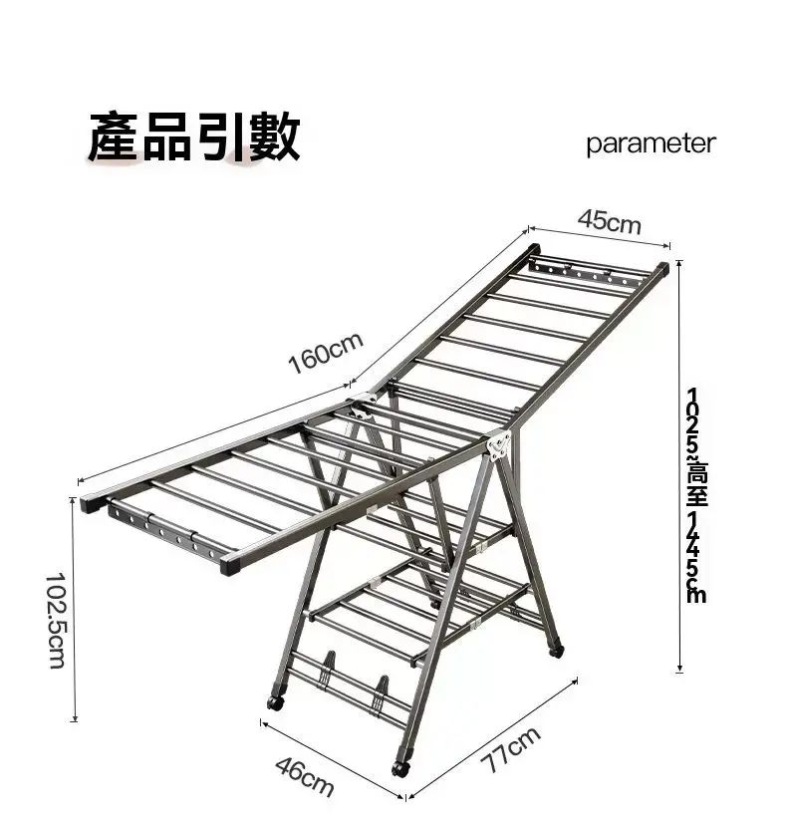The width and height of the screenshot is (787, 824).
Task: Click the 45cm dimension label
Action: click(x=610, y=221)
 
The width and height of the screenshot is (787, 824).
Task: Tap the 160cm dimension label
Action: click(x=325, y=354)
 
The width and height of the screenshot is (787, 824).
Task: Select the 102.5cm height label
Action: click(x=56, y=620)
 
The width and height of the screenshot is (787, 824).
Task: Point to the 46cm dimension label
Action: click(x=303, y=775)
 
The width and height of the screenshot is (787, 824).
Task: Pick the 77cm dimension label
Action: click(x=512, y=750)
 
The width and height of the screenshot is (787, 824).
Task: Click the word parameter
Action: click(x=650, y=143)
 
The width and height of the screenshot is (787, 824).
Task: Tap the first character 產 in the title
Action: click(x=115, y=137)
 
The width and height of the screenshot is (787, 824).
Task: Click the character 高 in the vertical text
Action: click(x=696, y=470)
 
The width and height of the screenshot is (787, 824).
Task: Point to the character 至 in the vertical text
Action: click(x=696, y=495)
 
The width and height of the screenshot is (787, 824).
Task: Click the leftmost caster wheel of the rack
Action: click(x=275, y=702)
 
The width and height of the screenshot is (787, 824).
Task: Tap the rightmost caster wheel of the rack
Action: click(x=555, y=650)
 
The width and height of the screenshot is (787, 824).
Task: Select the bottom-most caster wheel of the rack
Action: click(x=400, y=769)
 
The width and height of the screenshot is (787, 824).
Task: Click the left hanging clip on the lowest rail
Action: click(x=326, y=674)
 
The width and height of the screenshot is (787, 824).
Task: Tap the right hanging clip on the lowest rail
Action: click(x=380, y=691)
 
